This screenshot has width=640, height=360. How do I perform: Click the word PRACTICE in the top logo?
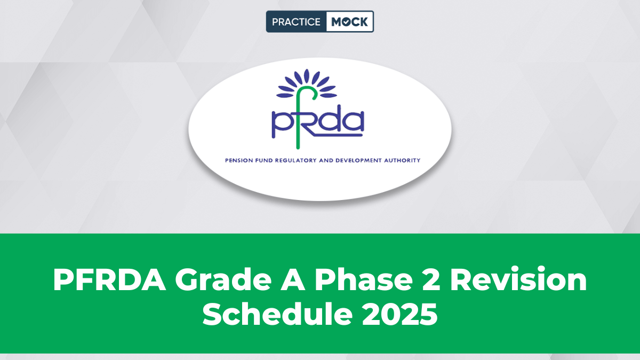click(x=296, y=22)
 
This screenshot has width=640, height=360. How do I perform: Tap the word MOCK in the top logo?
click(x=349, y=22)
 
